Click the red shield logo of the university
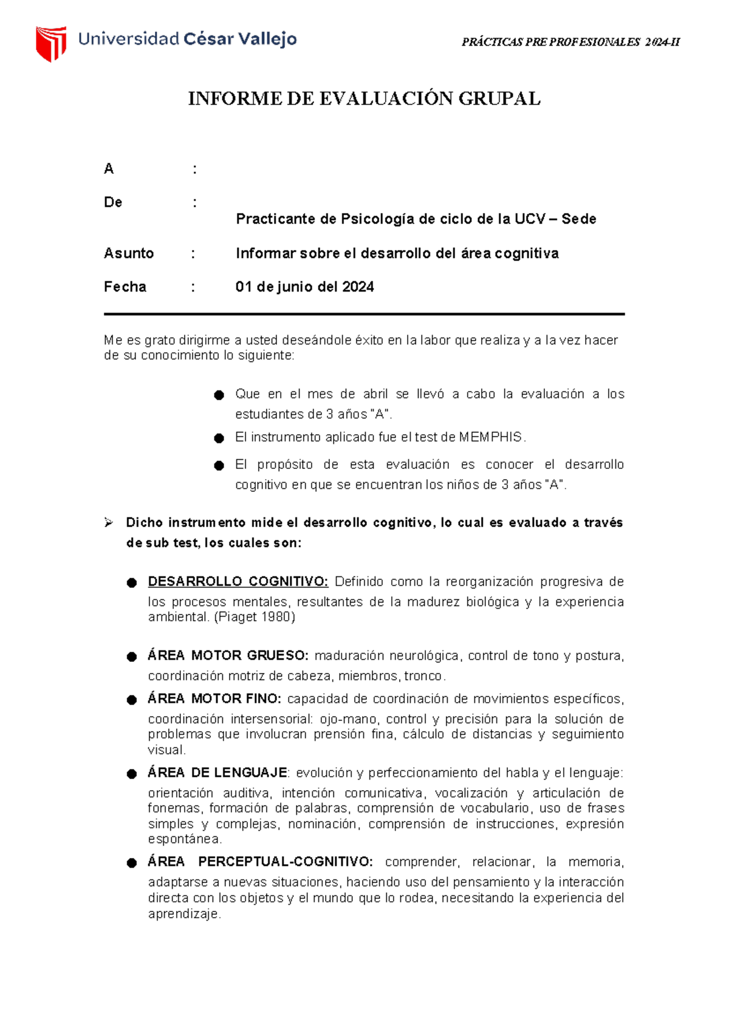pos(50,43)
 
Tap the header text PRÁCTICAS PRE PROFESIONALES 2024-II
pos(570,42)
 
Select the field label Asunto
pos(129,253)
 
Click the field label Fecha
pos(125,287)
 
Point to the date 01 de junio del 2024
pos(304,287)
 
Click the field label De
pos(113,202)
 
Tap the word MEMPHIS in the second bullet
pos(490,437)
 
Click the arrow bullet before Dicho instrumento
pos(109,523)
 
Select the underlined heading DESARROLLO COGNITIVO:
pos(238,582)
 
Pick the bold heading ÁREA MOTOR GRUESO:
pos(228,656)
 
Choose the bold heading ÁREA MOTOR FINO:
pos(214,699)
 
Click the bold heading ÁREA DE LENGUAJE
pos(217,772)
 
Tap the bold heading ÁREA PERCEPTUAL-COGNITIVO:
pos(260,862)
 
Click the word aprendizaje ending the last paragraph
pos(183,914)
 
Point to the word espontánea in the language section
pos(184,839)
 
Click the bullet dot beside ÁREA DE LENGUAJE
pos(132,774)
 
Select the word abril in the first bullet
pos(375,394)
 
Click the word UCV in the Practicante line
pos(530,219)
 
